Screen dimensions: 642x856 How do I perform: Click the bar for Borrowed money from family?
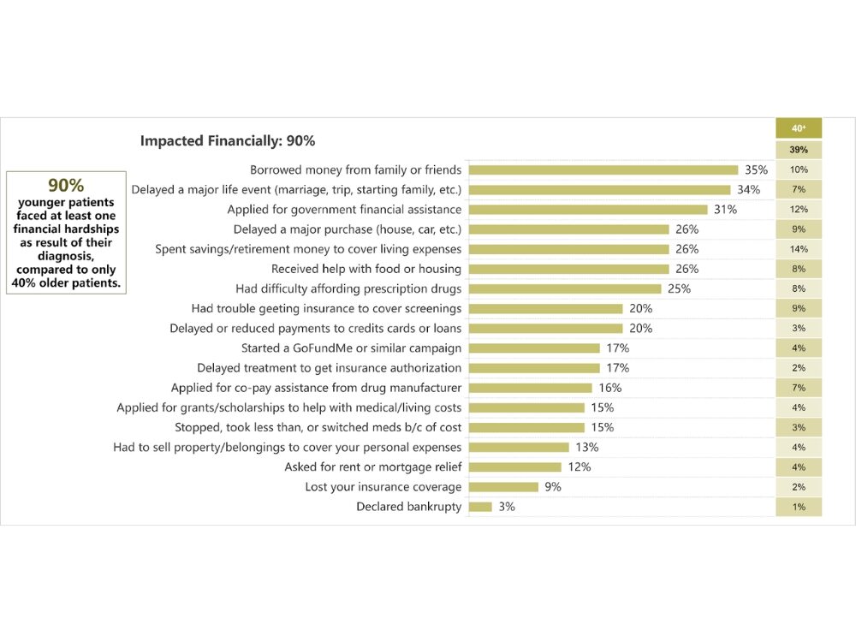(x=603, y=169)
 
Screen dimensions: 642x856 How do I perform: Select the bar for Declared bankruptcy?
(x=480, y=507)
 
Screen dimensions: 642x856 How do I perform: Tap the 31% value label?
(x=726, y=210)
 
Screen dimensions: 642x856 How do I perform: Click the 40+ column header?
(x=799, y=128)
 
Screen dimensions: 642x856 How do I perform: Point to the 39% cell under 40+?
(x=799, y=150)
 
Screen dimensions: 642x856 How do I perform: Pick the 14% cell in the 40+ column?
(x=799, y=249)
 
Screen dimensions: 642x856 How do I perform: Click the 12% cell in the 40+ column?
(x=799, y=210)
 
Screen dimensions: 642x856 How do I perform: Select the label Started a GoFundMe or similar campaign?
(x=352, y=348)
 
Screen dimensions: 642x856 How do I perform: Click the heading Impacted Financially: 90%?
(x=227, y=141)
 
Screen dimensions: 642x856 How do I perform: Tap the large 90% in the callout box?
(x=66, y=186)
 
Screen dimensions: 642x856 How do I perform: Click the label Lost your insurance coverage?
(x=383, y=487)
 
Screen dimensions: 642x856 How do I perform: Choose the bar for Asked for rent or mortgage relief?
(x=514, y=467)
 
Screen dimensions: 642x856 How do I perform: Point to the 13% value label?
(x=587, y=448)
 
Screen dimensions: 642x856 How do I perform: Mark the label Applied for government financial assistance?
(x=344, y=210)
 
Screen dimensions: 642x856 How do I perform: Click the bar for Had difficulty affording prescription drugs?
(x=564, y=288)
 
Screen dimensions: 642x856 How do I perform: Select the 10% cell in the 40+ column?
(x=799, y=169)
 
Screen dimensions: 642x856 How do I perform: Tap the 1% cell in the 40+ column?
(x=799, y=507)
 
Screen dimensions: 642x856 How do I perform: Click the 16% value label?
(x=610, y=388)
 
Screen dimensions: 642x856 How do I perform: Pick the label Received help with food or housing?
(x=366, y=269)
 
